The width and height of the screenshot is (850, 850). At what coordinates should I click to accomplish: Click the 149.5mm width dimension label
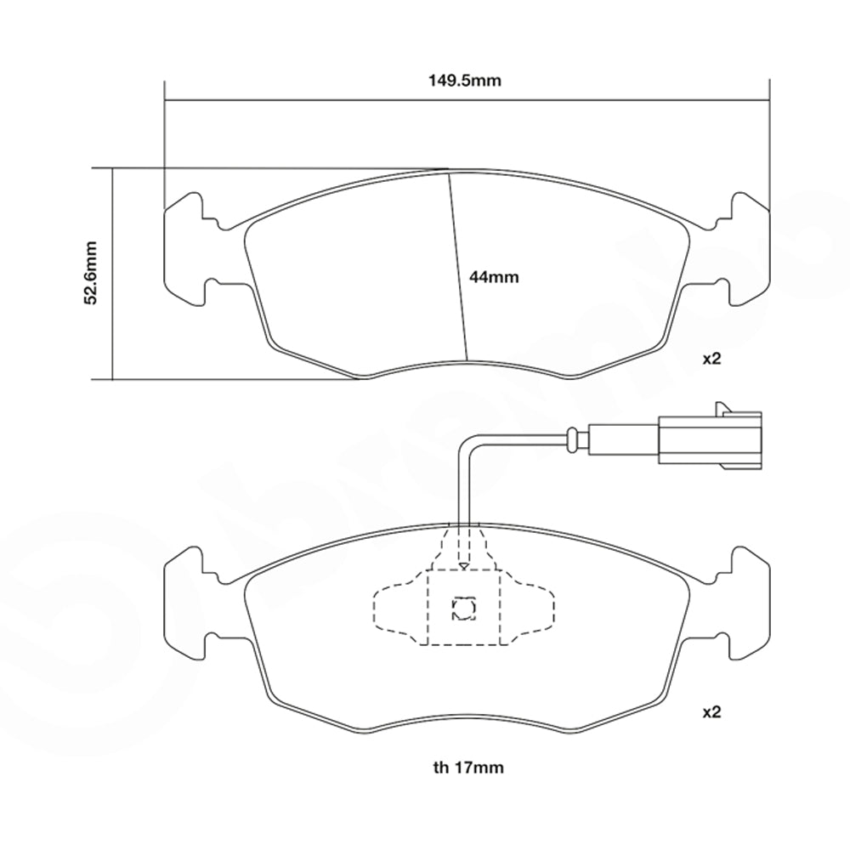click(466, 82)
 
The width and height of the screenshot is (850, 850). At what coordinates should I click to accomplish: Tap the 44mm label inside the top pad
click(494, 277)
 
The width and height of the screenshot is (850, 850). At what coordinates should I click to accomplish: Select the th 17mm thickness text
click(467, 768)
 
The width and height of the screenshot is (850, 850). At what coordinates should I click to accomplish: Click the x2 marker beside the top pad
click(711, 359)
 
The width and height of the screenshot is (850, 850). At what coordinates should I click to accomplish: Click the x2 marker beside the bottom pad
click(711, 713)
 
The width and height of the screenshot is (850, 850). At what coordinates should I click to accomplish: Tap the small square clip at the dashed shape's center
click(464, 607)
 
